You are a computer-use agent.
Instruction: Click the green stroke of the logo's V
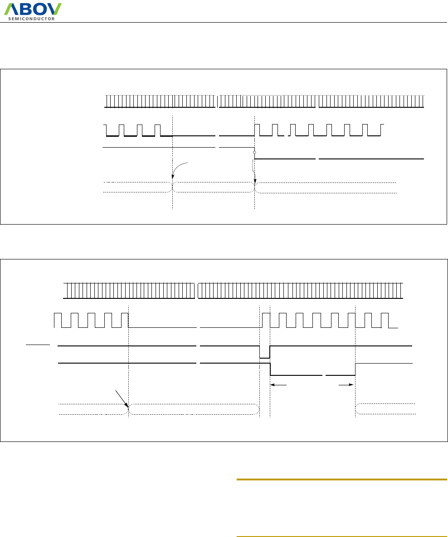pyautogui.click(x=57, y=8)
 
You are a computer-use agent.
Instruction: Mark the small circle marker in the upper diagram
pyautogui.click(x=255, y=153)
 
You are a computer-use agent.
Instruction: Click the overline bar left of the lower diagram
pyautogui.click(x=37, y=344)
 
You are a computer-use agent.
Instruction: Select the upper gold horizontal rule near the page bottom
pyautogui.click(x=341, y=479)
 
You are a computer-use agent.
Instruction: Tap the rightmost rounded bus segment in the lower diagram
pyautogui.click(x=385, y=409)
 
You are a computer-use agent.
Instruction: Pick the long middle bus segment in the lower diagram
pyautogui.click(x=194, y=409)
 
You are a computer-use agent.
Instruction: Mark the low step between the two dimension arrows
pyautogui.click(x=313, y=375)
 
